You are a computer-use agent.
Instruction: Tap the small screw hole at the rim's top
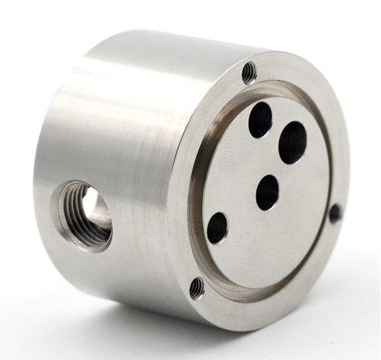(249, 73)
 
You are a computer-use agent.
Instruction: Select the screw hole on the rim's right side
(335, 213)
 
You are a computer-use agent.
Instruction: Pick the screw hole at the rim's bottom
(197, 288)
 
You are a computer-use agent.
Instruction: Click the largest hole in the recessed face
(293, 142)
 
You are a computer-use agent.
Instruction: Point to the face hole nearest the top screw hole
(260, 119)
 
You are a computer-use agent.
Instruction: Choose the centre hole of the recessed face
(267, 192)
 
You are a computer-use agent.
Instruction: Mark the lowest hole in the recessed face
(218, 228)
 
